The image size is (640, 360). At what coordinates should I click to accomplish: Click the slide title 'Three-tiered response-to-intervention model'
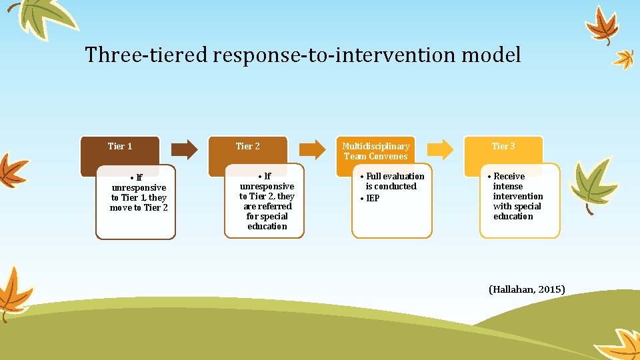coord(303,55)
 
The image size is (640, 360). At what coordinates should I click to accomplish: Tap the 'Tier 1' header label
coord(120,146)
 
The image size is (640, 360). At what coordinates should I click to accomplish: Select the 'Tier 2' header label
coord(247,146)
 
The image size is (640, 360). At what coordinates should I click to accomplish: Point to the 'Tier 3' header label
coord(503,146)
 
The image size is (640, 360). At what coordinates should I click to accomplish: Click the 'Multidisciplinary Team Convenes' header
coord(375,151)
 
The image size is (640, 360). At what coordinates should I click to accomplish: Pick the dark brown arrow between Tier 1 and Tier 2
coord(183,149)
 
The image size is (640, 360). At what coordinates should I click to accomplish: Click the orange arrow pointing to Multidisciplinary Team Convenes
coord(311,149)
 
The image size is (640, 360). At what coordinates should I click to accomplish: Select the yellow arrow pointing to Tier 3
coord(440,149)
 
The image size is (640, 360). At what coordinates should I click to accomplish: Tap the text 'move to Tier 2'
coord(139,208)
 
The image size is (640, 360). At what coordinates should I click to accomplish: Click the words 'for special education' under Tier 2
coord(267,221)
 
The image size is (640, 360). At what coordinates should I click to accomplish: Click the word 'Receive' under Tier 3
coord(509,177)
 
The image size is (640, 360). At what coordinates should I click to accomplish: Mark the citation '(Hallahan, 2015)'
coord(527,289)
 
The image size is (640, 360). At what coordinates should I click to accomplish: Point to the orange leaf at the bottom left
coord(13,293)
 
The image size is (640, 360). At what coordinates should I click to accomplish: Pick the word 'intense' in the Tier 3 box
coord(508,187)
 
